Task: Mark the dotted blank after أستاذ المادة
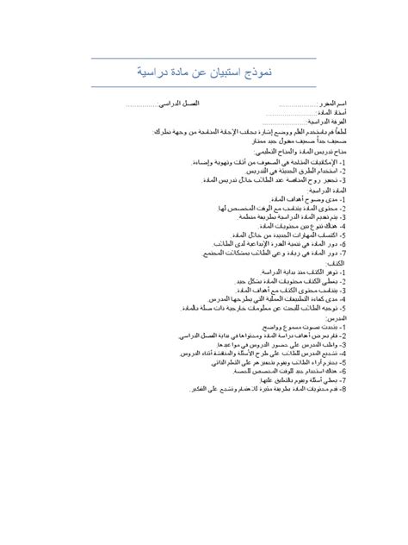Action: click(287, 113)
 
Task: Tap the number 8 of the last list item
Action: click(343, 389)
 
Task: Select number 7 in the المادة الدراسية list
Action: click(343, 254)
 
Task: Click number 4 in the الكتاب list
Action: click(343, 300)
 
